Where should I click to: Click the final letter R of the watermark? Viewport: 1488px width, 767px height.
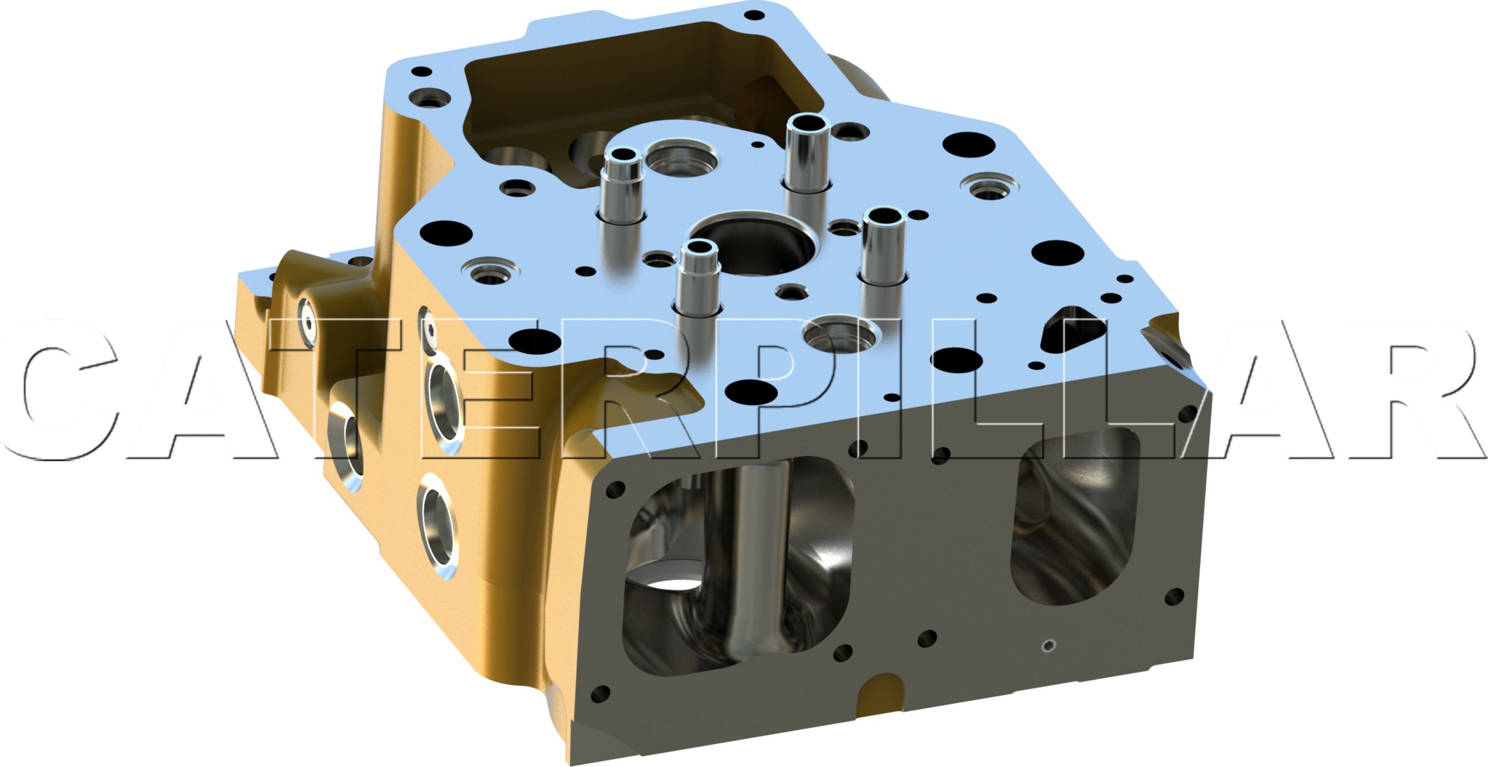1417,390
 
